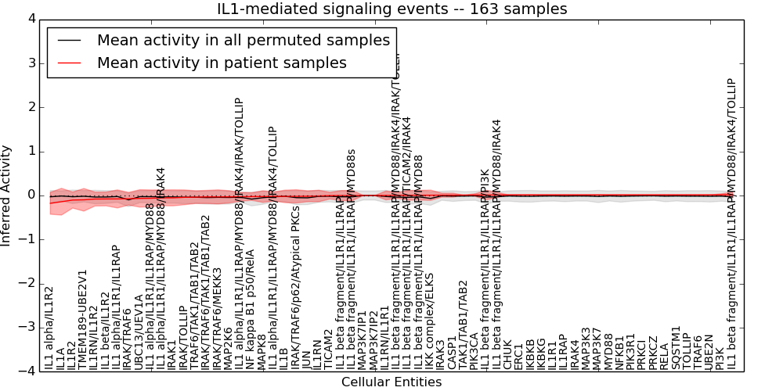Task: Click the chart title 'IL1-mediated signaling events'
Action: (x=391, y=9)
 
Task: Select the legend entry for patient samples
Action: (x=222, y=63)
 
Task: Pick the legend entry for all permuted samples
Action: (x=243, y=41)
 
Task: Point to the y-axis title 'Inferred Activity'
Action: (x=7, y=195)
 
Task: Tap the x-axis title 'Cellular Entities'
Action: (x=391, y=382)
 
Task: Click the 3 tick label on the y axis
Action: (x=31, y=63)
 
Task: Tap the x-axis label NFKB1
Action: (x=620, y=353)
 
